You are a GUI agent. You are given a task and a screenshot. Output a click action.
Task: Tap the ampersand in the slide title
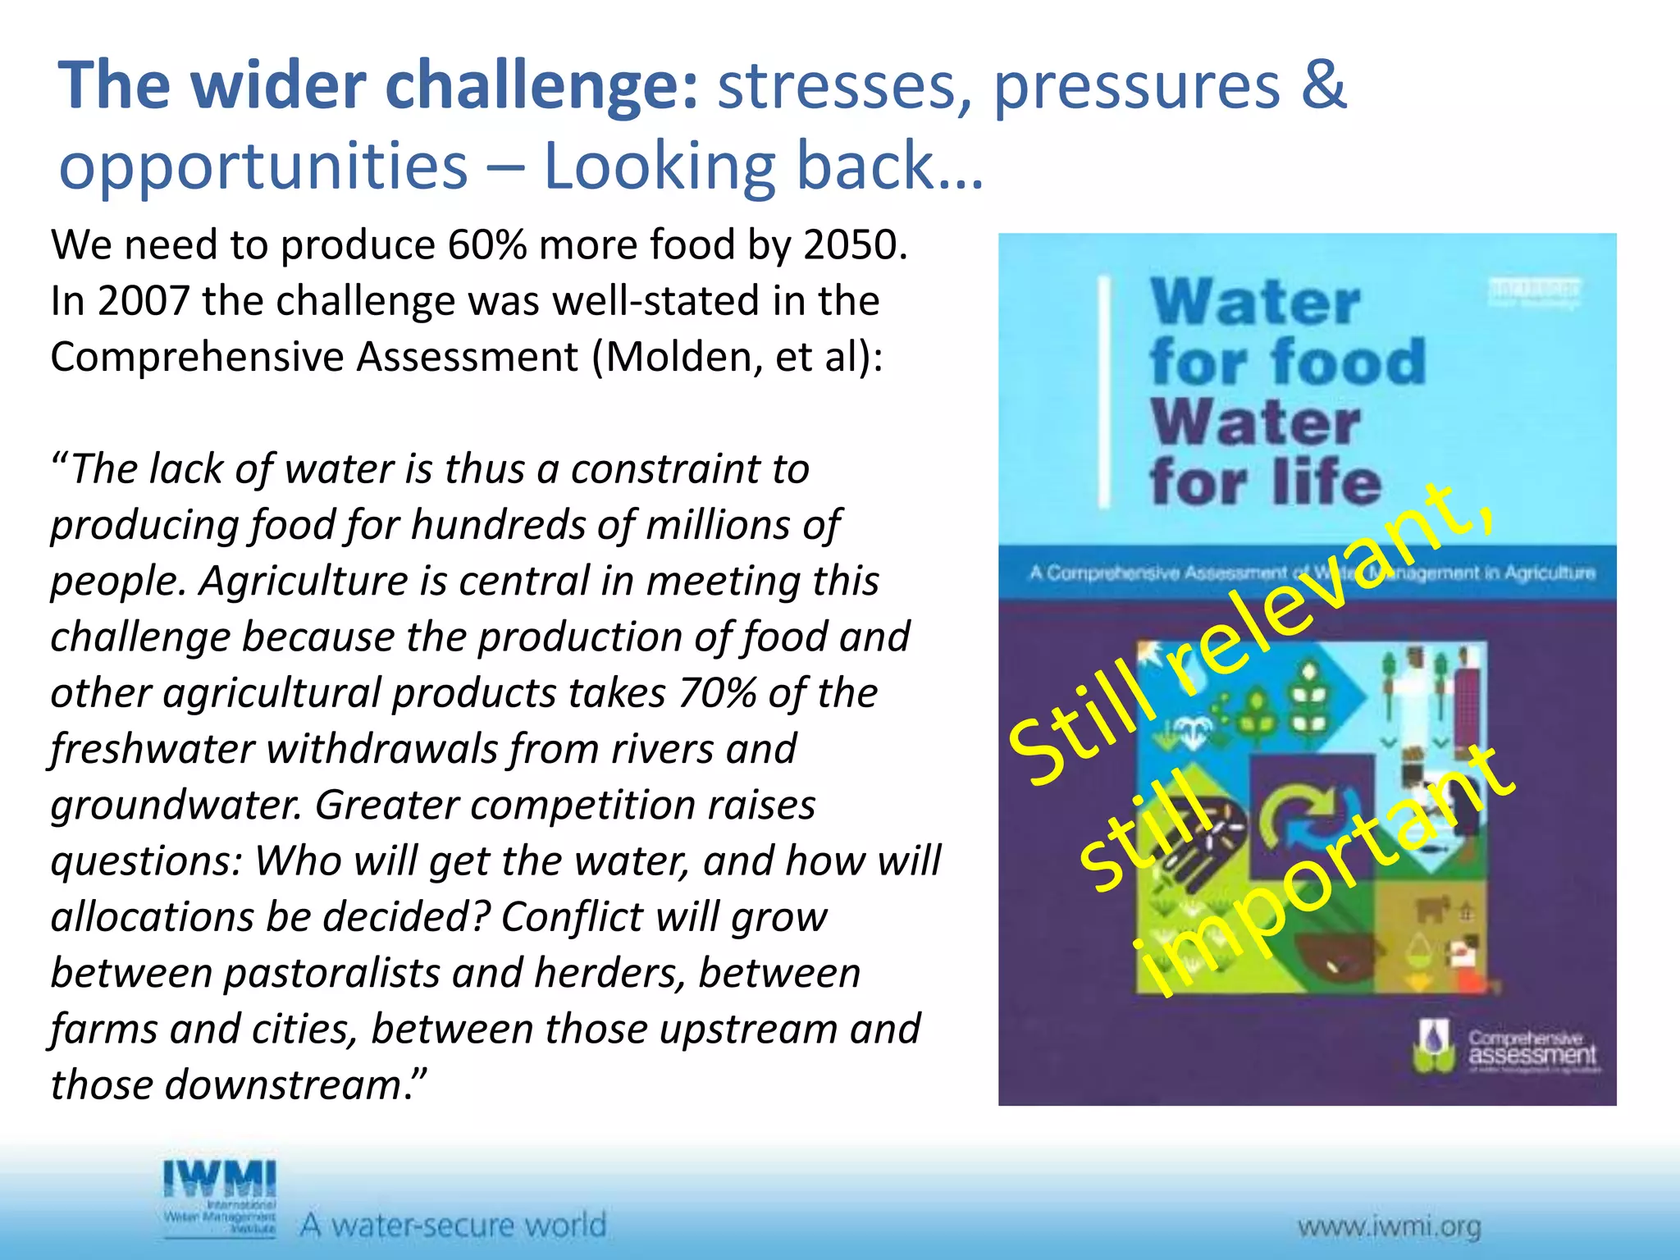point(1323,85)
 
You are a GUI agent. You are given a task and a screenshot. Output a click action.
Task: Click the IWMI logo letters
point(220,1180)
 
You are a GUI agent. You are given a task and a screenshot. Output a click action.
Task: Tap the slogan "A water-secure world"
point(453,1226)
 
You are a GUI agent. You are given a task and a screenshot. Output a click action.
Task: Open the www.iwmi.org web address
point(1389,1228)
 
